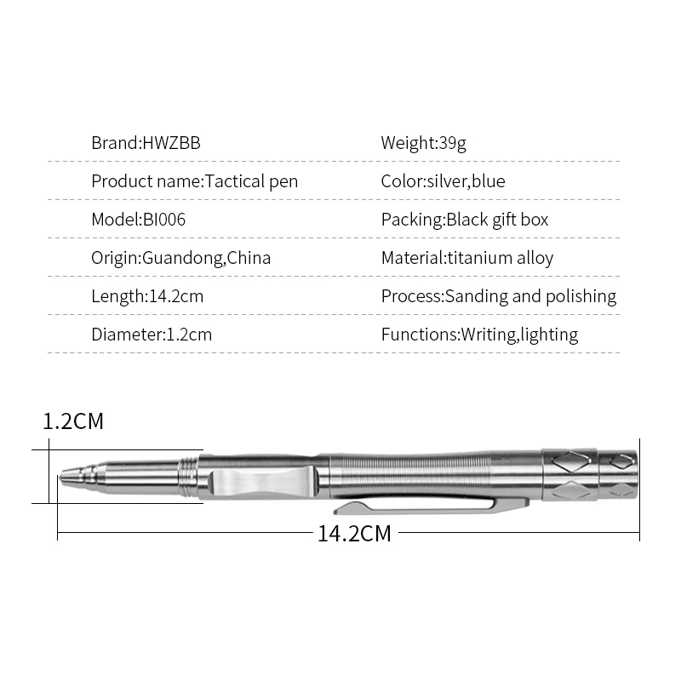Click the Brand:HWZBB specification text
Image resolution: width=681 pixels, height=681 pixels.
click(x=146, y=143)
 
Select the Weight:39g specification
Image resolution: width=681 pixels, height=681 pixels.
click(x=423, y=143)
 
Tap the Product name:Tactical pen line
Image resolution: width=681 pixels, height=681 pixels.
click(x=194, y=181)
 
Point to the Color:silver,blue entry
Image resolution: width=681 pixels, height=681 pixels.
click(x=443, y=181)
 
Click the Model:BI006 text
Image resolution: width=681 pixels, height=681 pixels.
click(x=138, y=220)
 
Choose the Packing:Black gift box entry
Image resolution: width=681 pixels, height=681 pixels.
click(x=464, y=220)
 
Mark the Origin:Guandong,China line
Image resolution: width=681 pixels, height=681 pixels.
click(x=180, y=258)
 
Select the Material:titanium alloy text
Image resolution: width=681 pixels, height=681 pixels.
click(x=466, y=258)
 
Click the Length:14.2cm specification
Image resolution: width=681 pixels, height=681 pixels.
click(x=147, y=296)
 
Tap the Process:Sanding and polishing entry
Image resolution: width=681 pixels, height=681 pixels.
click(x=498, y=296)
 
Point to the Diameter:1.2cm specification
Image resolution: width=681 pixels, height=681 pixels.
click(x=152, y=335)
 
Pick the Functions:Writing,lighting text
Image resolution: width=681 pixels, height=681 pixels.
click(x=479, y=335)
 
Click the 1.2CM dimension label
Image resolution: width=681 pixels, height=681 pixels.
click(x=73, y=421)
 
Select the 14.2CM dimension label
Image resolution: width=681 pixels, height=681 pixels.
click(x=354, y=534)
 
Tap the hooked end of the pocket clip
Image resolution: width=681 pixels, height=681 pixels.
click(x=342, y=508)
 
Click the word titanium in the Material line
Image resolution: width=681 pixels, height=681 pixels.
click(x=481, y=258)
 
